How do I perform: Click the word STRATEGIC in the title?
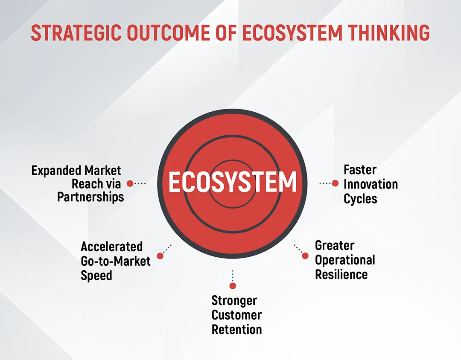[76, 32]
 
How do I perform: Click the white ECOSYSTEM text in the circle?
[232, 182]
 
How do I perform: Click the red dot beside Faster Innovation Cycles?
[335, 183]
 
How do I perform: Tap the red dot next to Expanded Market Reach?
[130, 183]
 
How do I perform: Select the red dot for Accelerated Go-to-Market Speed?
[160, 255]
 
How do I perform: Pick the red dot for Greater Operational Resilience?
[305, 255]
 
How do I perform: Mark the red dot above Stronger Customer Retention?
[233, 286]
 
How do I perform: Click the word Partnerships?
[90, 197]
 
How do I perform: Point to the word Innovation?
[371, 184]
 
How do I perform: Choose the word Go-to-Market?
[116, 261]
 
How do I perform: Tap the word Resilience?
[341, 275]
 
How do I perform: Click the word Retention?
[236, 329]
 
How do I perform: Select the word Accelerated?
[112, 247]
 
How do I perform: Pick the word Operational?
[345, 260]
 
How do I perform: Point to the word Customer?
[236, 315]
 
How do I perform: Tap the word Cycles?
[360, 199]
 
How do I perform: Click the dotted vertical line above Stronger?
[233, 276]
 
